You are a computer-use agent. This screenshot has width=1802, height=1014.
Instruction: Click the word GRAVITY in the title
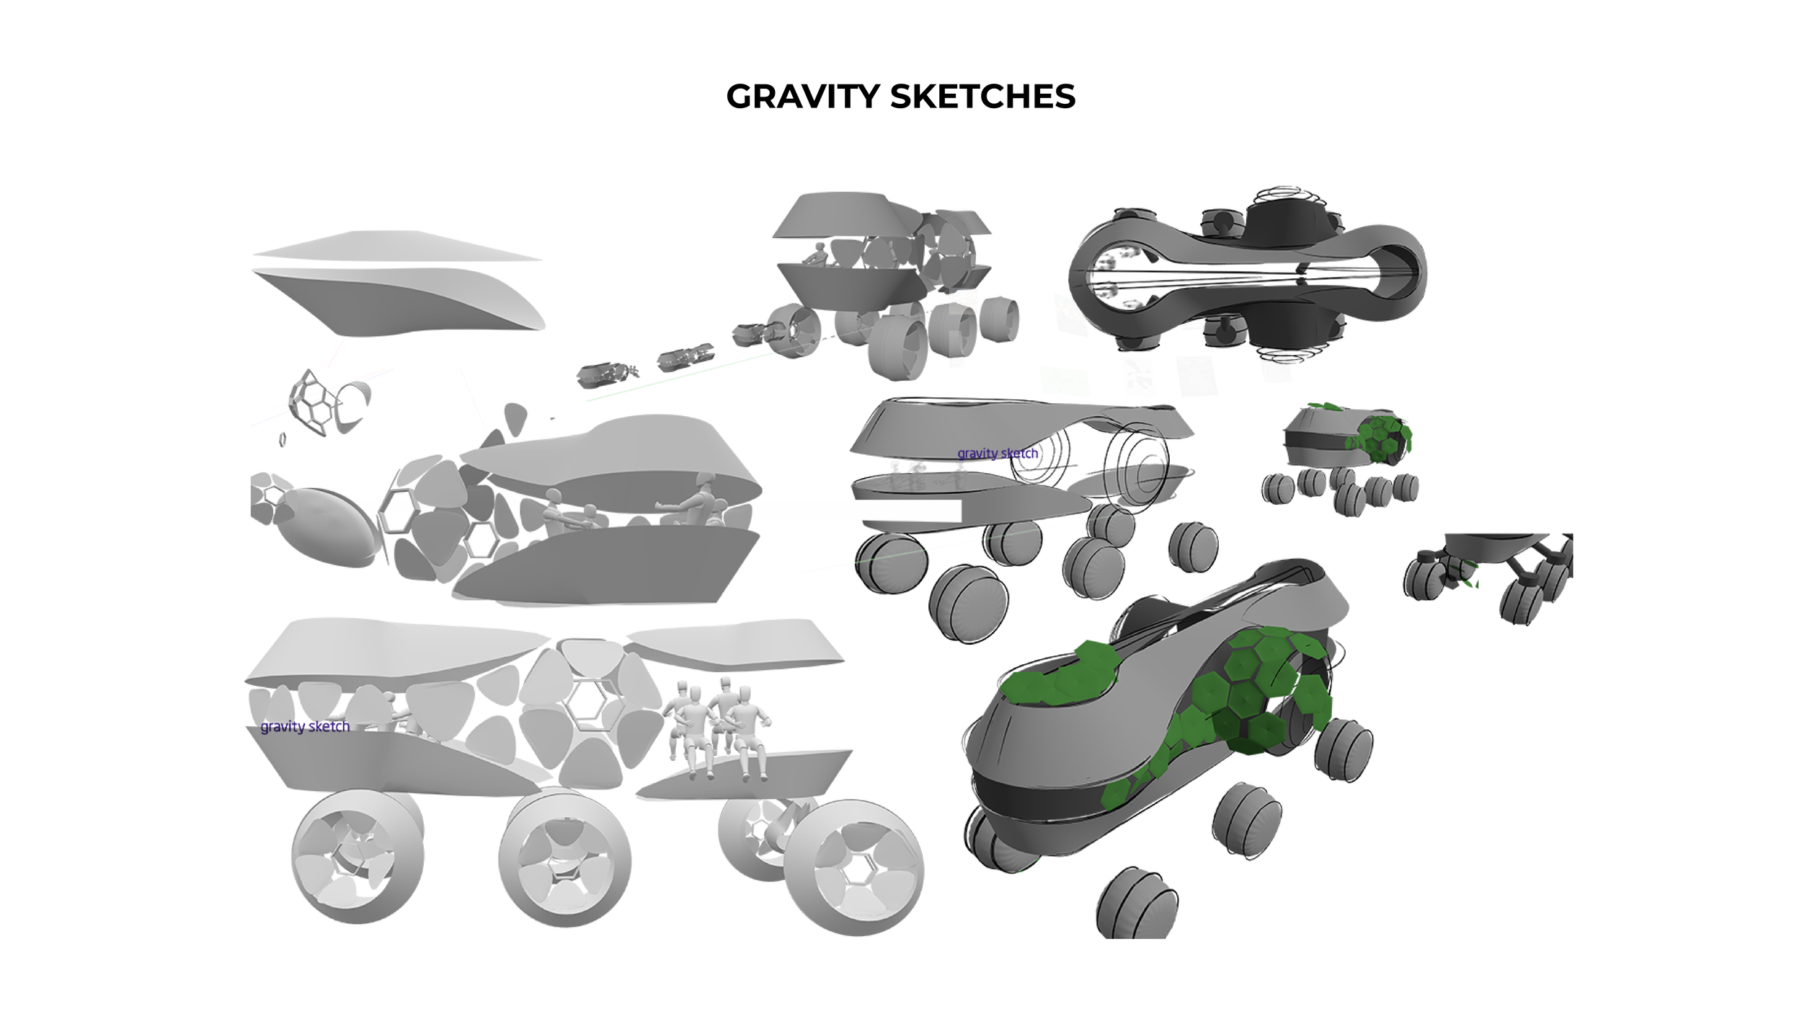(803, 97)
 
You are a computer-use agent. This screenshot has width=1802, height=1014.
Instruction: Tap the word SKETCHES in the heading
(982, 97)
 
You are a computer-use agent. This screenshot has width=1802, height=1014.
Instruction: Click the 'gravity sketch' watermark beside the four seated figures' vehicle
(305, 726)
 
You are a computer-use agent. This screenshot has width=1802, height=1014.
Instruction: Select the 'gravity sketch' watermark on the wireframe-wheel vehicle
(998, 454)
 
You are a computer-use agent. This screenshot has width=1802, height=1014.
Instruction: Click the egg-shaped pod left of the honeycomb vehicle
(328, 526)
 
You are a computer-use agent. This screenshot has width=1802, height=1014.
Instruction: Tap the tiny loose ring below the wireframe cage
(283, 438)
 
